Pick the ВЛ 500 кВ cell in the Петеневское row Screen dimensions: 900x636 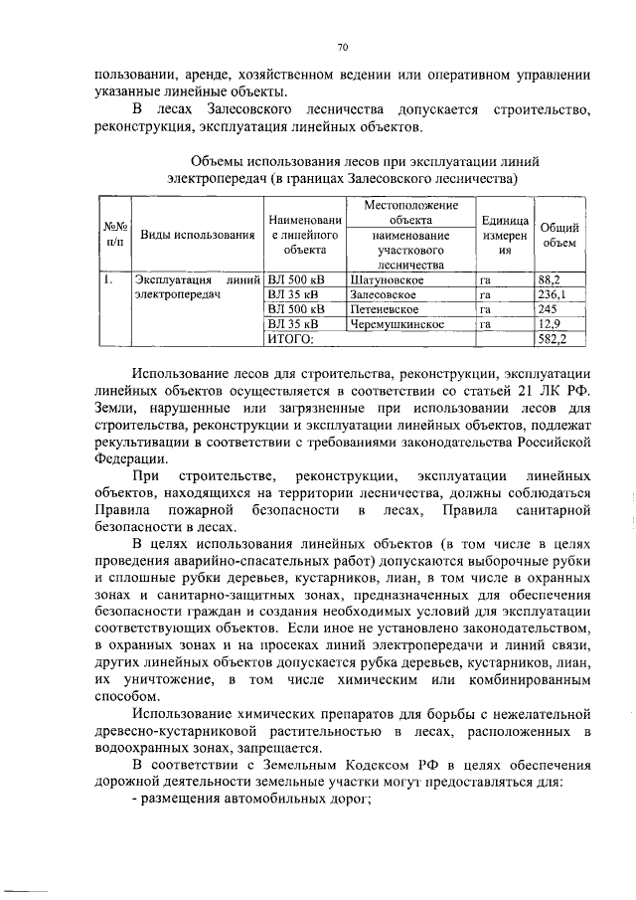point(297,309)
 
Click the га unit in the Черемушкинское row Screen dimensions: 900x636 point(486,324)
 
